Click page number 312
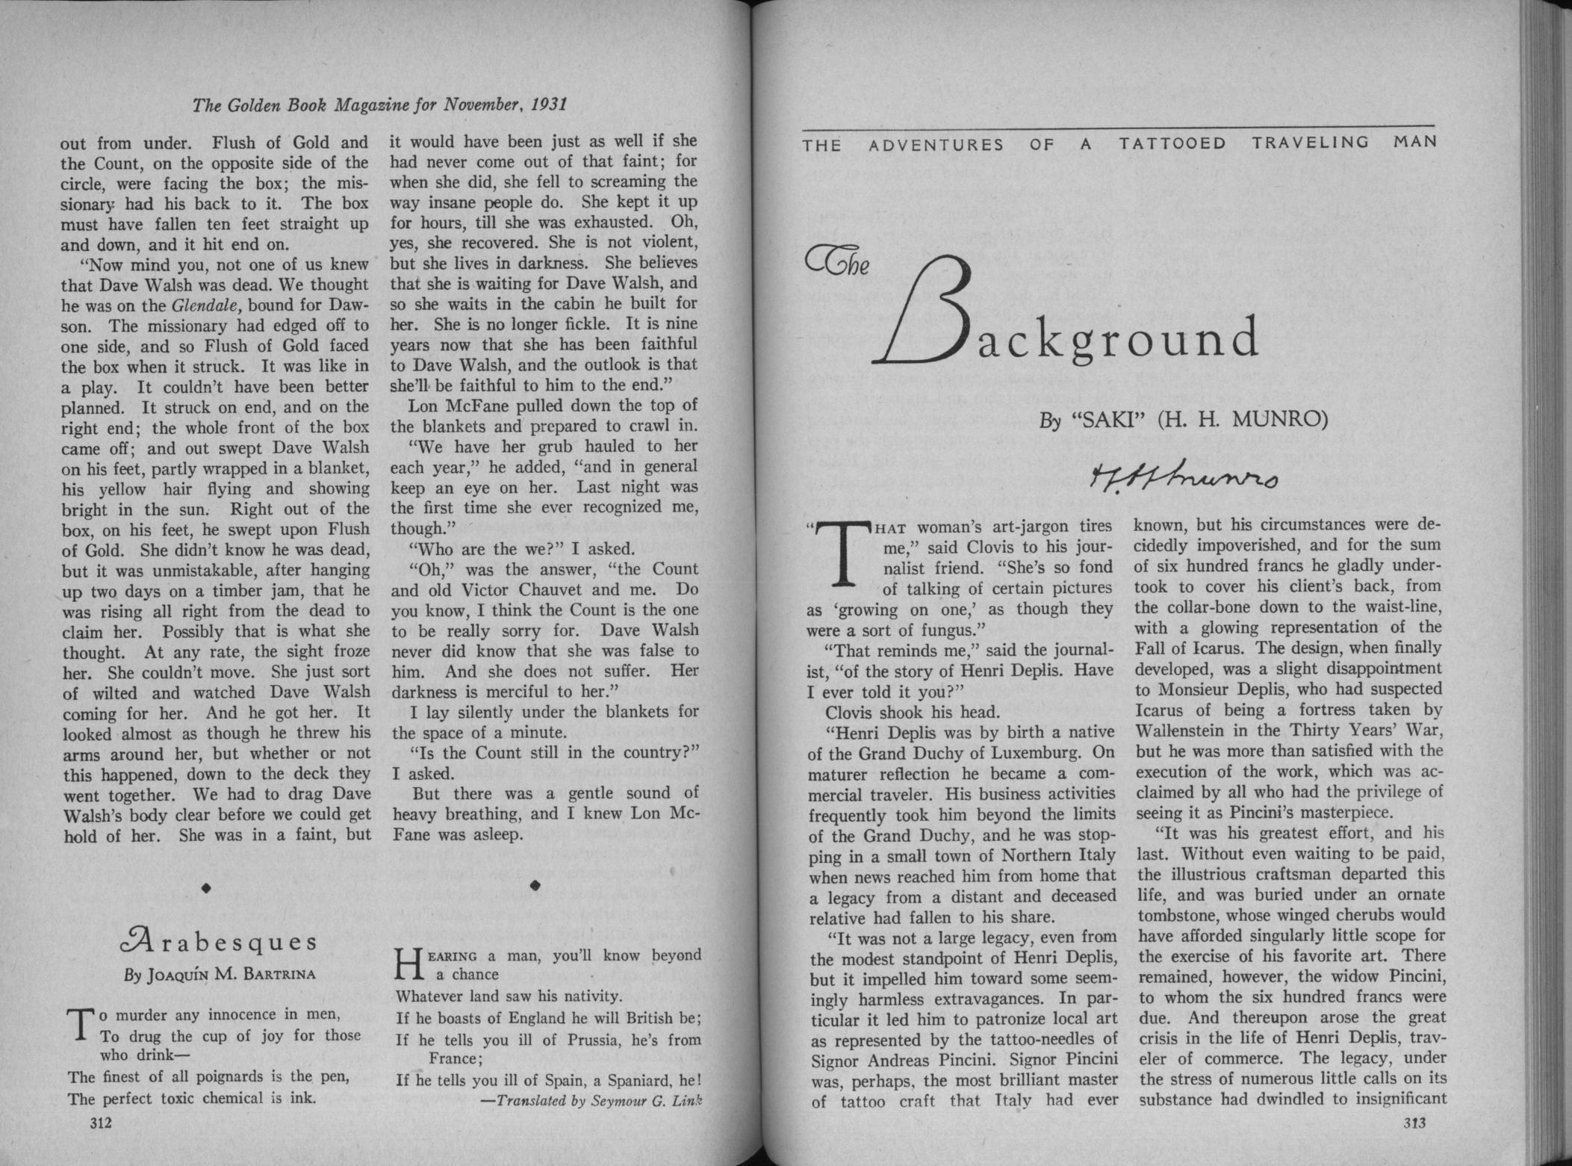100,1123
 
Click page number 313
1414,1123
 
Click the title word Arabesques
217,942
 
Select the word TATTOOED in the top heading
1172,143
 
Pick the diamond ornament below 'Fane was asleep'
535,886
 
